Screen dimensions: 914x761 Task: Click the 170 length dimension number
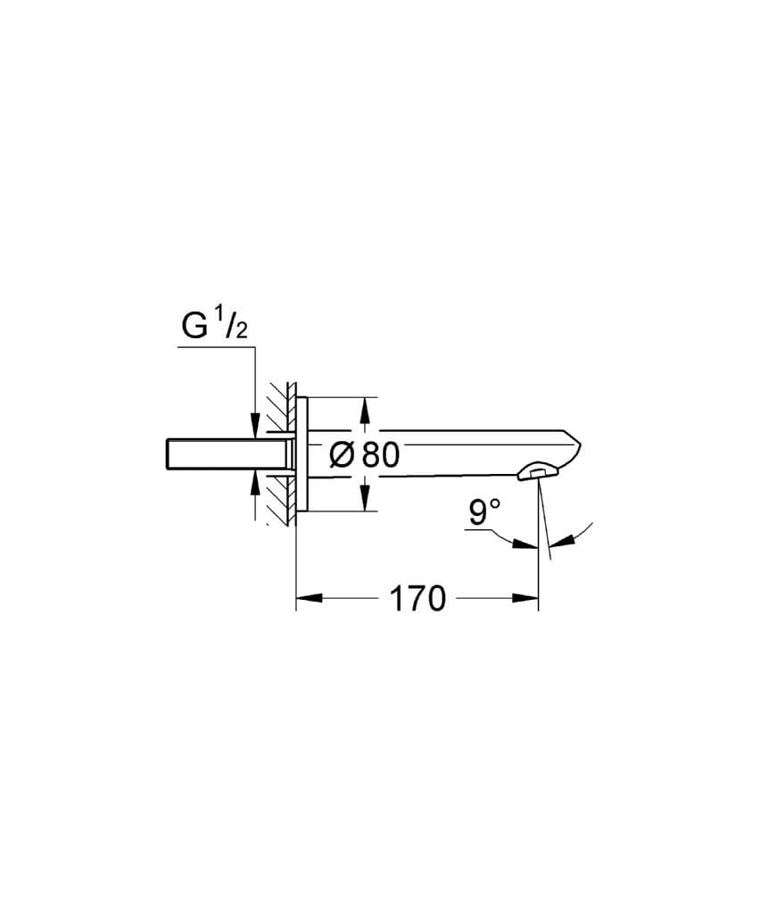tap(417, 599)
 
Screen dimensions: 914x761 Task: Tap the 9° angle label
tap(485, 512)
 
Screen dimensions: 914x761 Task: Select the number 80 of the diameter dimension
tap(381, 454)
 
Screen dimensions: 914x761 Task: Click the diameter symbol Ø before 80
tap(343, 454)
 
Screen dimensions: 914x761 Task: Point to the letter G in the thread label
tap(194, 327)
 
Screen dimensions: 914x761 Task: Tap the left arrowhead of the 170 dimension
tap(307, 599)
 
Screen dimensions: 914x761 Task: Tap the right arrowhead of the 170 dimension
tap(527, 599)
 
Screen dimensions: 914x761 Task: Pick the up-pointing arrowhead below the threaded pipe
tap(256, 483)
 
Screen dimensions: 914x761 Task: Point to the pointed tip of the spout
tap(581, 443)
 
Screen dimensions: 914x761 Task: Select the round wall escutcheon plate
tap(302, 453)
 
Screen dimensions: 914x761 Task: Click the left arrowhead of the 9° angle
tap(527, 543)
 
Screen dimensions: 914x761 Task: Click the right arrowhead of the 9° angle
tap(560, 540)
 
